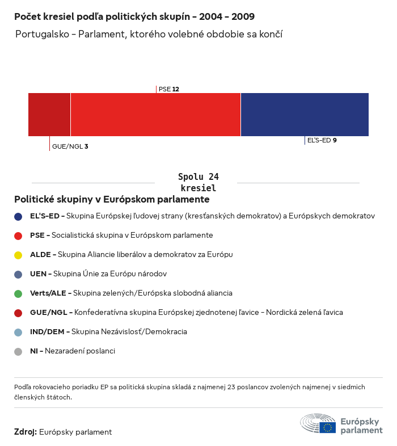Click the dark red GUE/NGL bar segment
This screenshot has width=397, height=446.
[49, 115]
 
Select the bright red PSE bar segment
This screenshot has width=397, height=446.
[155, 115]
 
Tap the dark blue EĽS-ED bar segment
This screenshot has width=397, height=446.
[305, 115]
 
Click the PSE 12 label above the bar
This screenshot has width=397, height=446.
[169, 89]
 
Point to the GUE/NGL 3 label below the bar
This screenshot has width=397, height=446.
[70, 146]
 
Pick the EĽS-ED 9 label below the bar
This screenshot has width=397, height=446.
[322, 140]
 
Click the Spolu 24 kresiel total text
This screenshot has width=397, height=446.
[198, 182]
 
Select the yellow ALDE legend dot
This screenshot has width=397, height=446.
[18, 255]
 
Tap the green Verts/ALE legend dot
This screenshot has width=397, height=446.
[18, 293]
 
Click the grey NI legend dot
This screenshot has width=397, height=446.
[18, 351]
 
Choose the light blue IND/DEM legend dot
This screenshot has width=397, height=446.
[18, 332]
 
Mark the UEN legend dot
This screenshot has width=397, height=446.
[18, 274]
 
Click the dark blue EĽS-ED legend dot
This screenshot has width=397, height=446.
[18, 216]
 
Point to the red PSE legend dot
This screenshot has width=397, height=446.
[18, 235]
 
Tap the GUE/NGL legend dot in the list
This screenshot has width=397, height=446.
[18, 313]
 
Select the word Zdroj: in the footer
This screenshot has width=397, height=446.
[26, 432]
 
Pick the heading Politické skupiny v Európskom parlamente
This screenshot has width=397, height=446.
[112, 200]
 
